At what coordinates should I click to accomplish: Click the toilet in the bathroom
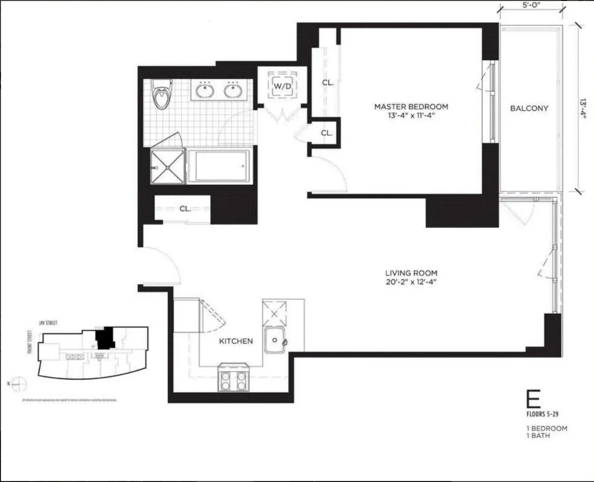161,95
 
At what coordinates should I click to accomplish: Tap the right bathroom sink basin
232,91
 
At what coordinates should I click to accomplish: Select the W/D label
283,86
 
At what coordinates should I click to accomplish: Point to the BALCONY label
529,108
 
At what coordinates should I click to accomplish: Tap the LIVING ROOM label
411,273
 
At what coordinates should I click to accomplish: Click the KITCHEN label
236,341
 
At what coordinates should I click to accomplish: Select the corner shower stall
167,166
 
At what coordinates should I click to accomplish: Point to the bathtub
218,166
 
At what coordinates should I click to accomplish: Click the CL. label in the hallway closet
185,209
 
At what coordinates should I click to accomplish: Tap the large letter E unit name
533,398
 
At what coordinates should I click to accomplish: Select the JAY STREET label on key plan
48,323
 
